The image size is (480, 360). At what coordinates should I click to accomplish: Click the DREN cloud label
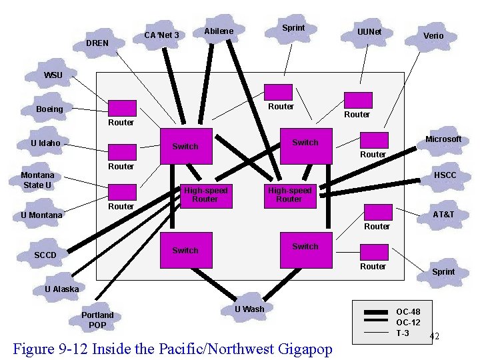point(97,43)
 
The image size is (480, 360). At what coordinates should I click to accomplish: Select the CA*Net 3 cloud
point(161,35)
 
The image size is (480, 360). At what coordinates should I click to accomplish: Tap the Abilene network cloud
point(219,31)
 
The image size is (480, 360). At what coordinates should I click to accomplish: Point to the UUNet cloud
point(369,32)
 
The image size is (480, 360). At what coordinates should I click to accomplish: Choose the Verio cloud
point(433,36)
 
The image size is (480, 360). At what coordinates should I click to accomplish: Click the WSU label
point(53,75)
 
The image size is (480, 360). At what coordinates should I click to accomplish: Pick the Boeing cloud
point(50,109)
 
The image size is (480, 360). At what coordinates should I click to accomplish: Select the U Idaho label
point(45,143)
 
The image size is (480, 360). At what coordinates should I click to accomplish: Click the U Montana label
point(41,215)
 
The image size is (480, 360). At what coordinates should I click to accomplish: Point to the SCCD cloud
point(45,255)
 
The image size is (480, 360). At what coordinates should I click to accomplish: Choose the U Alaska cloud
point(61,289)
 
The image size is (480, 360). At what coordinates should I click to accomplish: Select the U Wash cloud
point(249,309)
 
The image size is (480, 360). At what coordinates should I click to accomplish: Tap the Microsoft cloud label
point(443,139)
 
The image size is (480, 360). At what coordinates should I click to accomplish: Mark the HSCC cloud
point(445,175)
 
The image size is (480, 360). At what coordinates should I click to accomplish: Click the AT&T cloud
point(443,215)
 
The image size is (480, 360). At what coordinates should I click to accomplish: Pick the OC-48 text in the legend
point(408,312)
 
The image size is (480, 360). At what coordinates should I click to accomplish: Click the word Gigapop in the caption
point(301,349)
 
